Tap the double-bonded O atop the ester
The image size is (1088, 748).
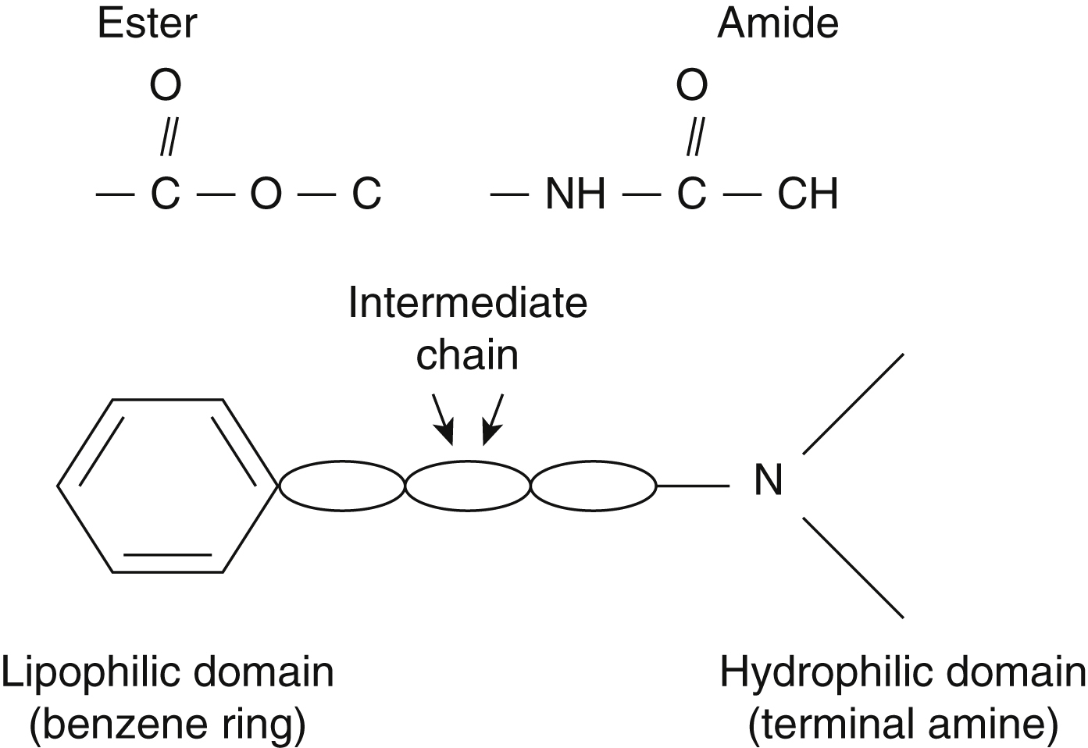[x=166, y=85]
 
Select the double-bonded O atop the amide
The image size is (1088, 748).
[x=691, y=85]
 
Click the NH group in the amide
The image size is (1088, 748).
[x=576, y=194]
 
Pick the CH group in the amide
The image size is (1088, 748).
[x=808, y=194]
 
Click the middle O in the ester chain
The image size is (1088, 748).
[x=266, y=194]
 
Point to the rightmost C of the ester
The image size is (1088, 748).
[x=366, y=194]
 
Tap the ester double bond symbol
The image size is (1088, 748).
[x=167, y=139]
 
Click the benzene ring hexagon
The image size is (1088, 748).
[x=168, y=486]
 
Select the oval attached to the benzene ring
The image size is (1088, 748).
[x=342, y=486]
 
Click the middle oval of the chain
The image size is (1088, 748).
[x=468, y=486]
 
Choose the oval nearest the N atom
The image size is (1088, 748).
[x=594, y=486]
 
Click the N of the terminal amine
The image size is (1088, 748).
[x=768, y=481]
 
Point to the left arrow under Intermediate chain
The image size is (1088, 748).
[x=443, y=420]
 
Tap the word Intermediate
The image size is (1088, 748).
[x=467, y=303]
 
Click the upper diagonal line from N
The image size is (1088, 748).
[x=853, y=403]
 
